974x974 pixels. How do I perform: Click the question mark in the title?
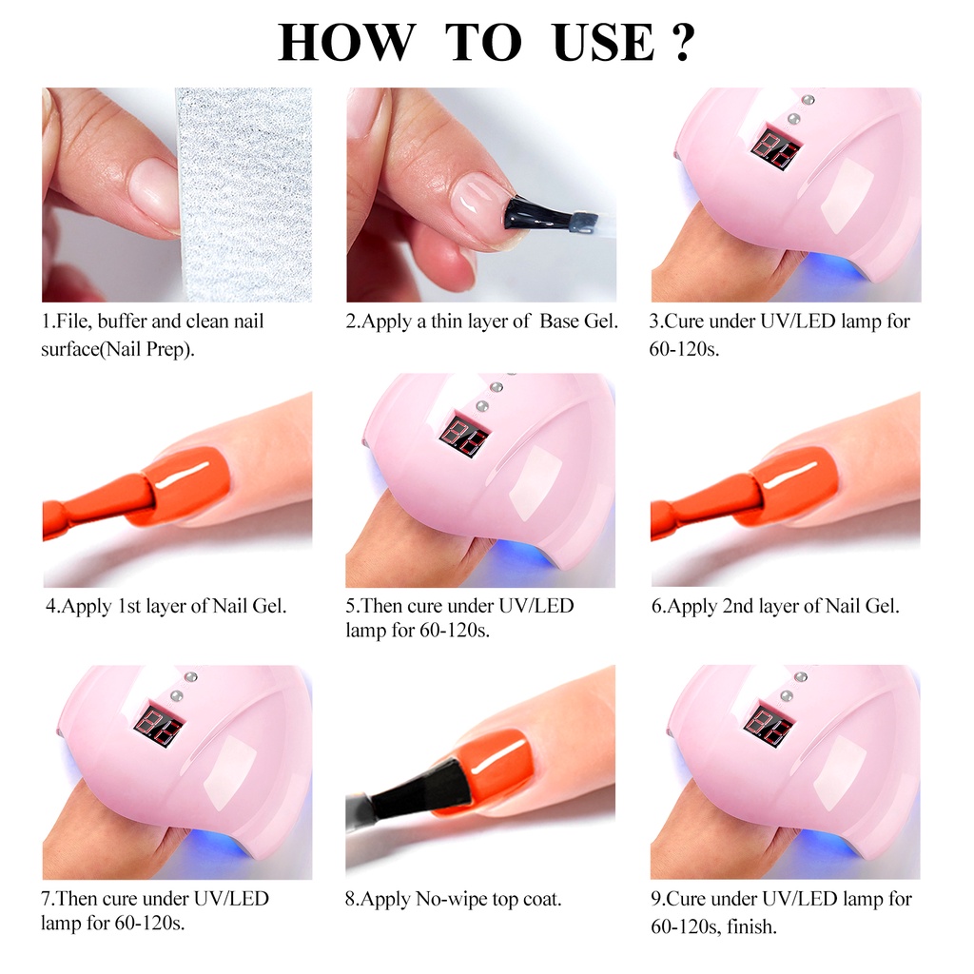[x=680, y=43]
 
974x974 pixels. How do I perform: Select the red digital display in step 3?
[x=771, y=149]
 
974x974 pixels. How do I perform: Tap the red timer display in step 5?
[x=464, y=435]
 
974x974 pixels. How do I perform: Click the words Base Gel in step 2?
[x=579, y=321]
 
